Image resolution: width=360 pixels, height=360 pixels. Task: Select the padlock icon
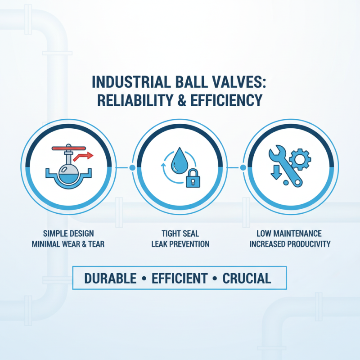tap(192, 179)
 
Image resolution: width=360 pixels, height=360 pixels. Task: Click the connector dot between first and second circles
tap(132, 168)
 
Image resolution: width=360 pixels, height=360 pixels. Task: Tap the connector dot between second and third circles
tap(243, 168)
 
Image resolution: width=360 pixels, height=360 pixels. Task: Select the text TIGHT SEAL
tap(180, 234)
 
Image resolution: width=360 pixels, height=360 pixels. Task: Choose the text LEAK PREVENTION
tap(180, 244)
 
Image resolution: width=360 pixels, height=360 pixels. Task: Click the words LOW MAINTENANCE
tap(289, 234)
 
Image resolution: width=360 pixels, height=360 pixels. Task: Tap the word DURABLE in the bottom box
tap(110, 278)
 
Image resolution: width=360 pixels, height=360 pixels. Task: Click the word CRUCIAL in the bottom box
tap(247, 278)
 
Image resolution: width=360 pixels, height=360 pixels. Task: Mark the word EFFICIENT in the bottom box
tap(180, 278)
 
